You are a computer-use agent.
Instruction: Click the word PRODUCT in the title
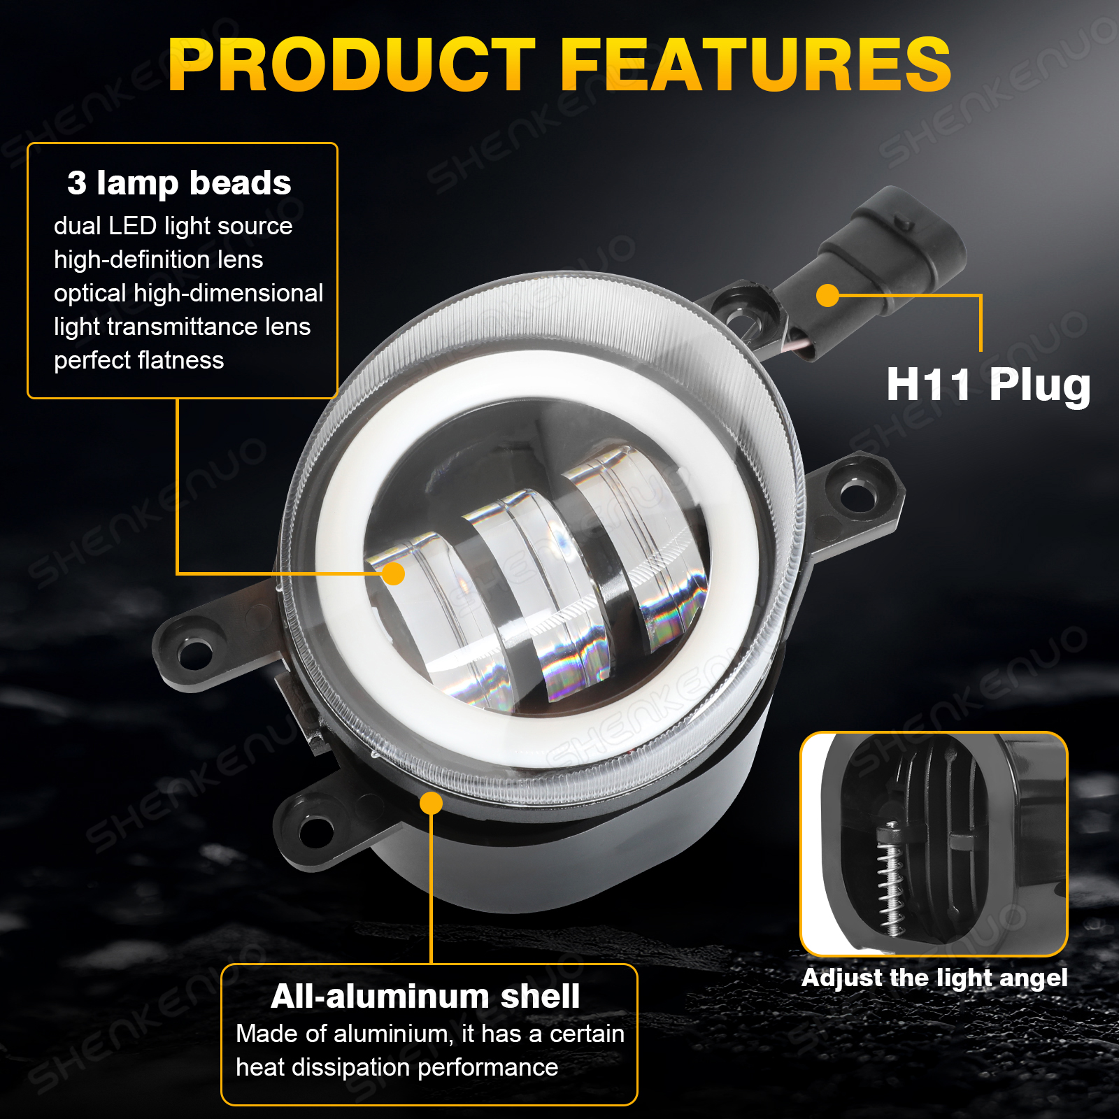point(351,64)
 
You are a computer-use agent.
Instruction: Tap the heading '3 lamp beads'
point(179,183)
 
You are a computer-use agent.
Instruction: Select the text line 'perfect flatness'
point(139,360)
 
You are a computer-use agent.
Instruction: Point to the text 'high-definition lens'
point(159,259)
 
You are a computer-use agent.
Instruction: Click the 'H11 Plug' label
point(988,385)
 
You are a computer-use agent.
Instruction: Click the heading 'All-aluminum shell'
point(425,996)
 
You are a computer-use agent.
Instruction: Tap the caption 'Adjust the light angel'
point(934,978)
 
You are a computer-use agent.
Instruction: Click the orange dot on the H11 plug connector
point(828,295)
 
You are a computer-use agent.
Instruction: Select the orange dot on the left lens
point(394,573)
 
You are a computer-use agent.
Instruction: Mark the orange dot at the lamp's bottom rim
point(432,803)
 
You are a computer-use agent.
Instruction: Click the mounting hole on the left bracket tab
point(194,653)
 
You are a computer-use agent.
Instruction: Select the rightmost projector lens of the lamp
point(633,546)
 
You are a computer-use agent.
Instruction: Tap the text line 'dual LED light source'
point(173,226)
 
